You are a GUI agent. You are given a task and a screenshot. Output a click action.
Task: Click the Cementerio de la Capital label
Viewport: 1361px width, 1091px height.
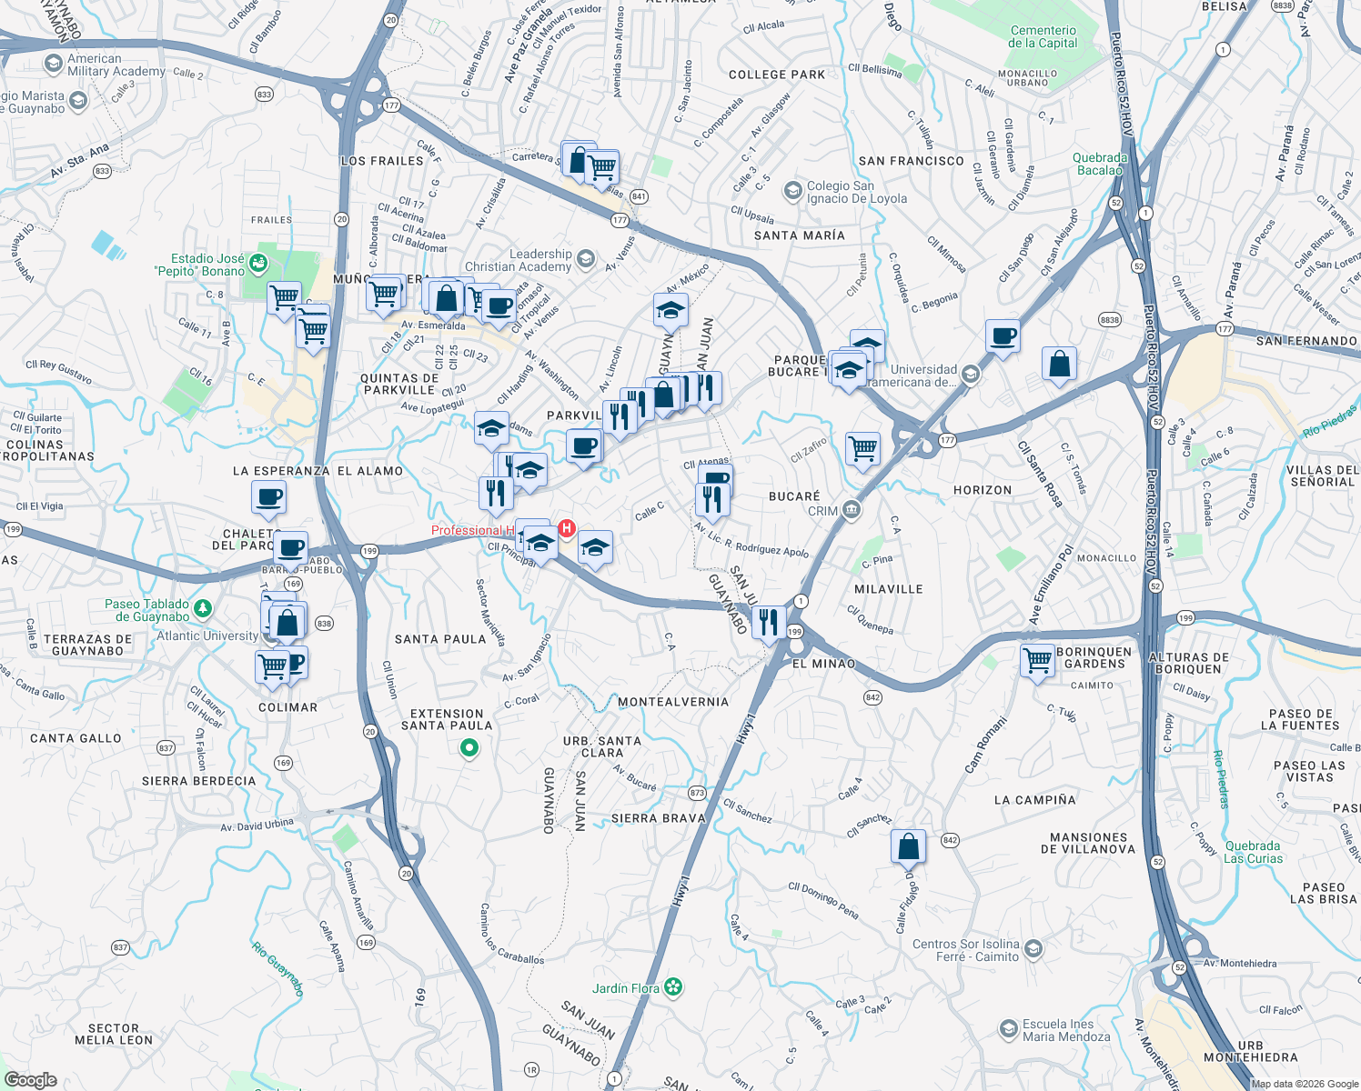1043,36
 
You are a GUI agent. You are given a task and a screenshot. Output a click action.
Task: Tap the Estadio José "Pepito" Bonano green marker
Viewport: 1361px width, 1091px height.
258,264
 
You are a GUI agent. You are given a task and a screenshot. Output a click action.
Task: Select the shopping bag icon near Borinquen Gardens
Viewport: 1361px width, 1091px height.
1060,365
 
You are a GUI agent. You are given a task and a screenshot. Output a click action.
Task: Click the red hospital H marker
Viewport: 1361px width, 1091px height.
567,528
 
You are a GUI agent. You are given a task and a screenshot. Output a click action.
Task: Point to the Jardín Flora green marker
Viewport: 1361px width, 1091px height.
673,987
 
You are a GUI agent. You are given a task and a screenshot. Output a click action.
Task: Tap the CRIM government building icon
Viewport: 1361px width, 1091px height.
851,509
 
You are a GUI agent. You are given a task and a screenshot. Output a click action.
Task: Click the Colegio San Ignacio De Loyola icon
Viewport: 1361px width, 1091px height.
792,191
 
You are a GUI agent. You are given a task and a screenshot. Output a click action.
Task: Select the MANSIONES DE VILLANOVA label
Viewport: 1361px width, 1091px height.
1088,843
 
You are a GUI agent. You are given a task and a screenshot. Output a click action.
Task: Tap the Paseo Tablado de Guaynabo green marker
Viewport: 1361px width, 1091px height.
203,608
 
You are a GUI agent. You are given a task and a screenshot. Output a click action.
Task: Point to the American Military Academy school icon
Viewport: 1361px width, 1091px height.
54,64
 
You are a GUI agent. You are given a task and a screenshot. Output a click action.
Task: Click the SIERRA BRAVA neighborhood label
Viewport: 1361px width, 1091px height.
658,818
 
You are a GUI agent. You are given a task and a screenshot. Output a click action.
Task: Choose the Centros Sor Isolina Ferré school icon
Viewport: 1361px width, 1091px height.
1033,949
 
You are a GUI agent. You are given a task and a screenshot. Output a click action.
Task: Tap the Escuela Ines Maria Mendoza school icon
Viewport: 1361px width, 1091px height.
1008,1028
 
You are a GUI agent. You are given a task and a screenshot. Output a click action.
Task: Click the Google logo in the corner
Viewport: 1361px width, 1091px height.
30,1079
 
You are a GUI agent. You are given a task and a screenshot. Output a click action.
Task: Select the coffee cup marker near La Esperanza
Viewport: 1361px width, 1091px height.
269,497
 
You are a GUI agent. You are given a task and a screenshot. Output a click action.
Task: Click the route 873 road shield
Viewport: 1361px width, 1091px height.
697,793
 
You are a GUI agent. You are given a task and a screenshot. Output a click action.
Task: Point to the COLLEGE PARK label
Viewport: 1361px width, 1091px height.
776,75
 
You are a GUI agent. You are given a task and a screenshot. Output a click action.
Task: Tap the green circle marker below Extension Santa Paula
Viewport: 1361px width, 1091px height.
469,748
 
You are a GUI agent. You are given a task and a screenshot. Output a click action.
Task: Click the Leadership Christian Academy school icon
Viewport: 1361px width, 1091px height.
585,259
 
